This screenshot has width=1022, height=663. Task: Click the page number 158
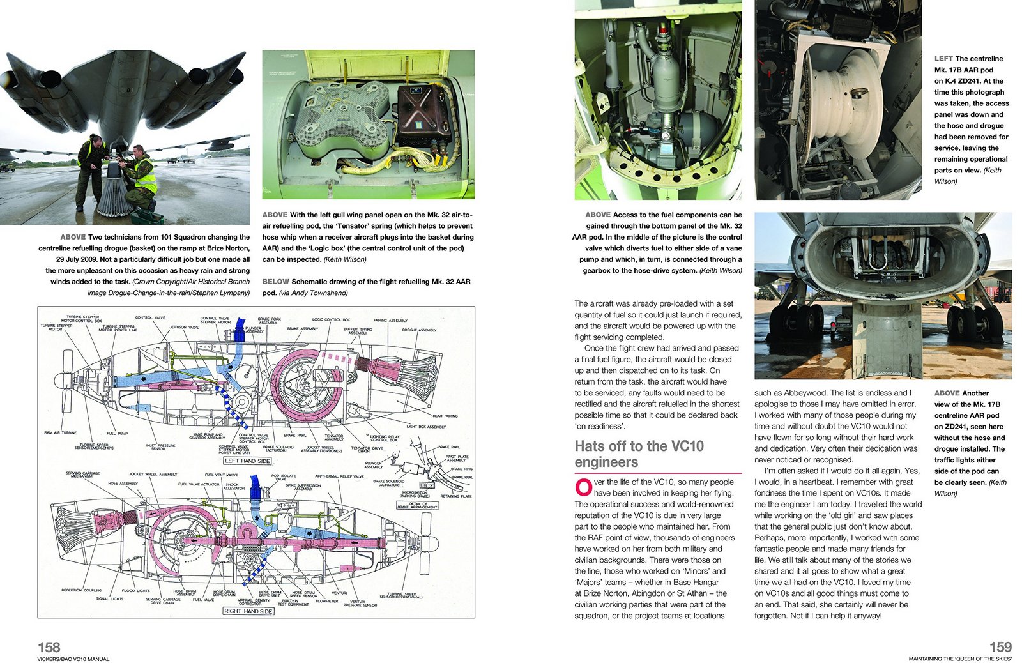click(49, 646)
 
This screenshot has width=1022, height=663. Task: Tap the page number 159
click(1000, 646)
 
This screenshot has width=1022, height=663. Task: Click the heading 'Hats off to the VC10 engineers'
click(639, 454)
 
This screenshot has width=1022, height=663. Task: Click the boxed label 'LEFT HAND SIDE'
click(247, 461)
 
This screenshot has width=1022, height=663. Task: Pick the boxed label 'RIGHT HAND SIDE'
click(248, 611)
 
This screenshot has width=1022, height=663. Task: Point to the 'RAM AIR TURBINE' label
click(60, 432)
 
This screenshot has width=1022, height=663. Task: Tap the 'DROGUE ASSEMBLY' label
click(419, 330)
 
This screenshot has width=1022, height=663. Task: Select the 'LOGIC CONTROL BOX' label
click(331, 319)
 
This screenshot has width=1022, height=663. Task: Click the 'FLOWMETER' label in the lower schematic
click(326, 601)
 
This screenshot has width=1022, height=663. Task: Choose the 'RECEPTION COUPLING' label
click(81, 590)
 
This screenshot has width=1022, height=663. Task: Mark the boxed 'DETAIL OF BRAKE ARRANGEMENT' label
click(418, 505)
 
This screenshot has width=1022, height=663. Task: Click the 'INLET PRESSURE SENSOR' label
click(160, 447)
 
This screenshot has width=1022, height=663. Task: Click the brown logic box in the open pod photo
click(422, 115)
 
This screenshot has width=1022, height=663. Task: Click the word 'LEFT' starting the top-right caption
click(943, 59)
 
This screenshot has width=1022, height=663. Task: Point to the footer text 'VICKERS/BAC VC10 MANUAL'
click(73, 659)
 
